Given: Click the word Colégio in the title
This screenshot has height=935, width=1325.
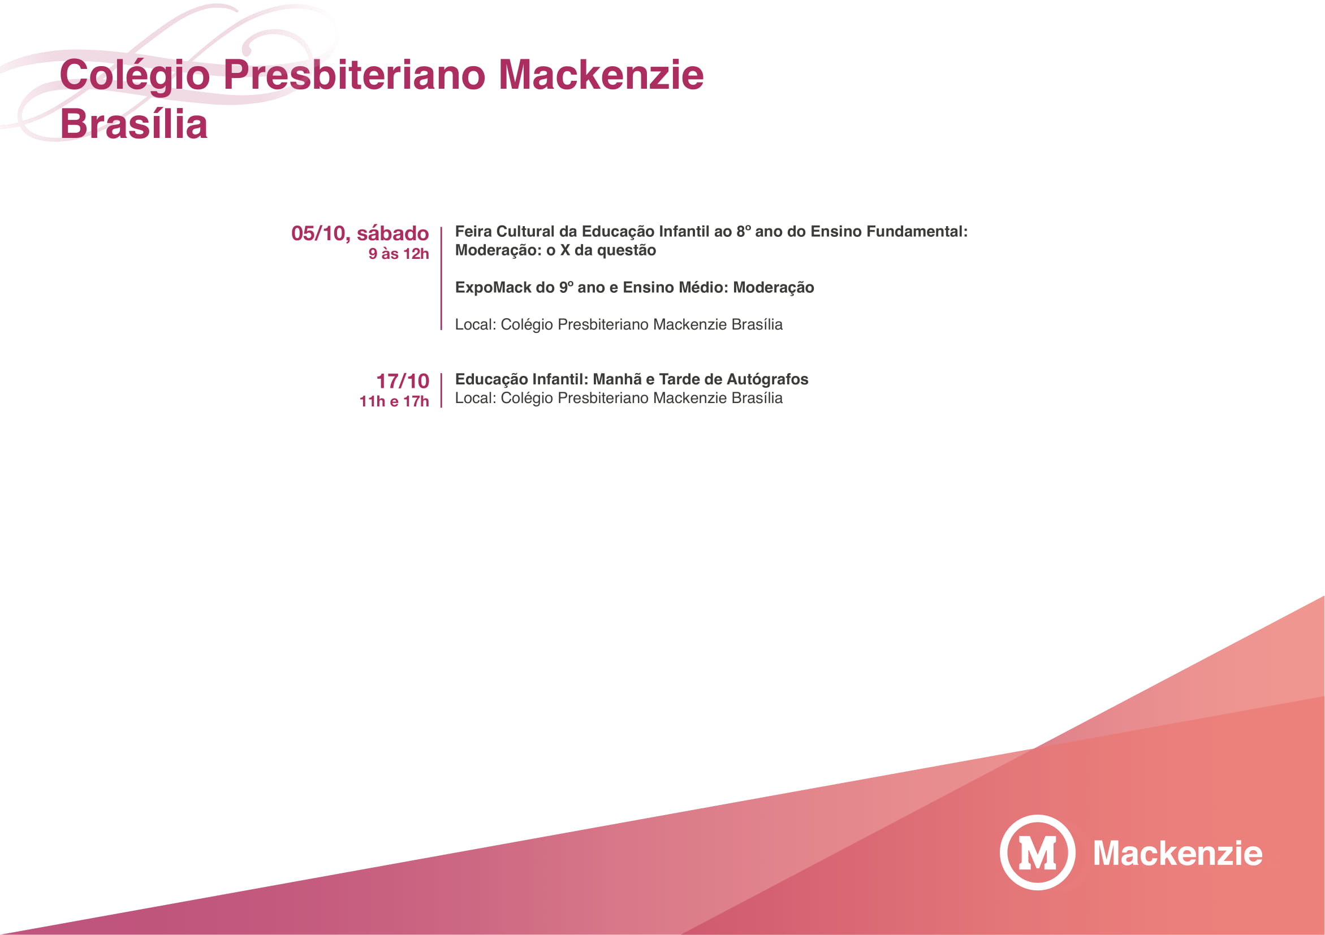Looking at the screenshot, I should pos(135,76).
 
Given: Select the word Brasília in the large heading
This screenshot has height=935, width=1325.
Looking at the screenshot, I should pos(133,124).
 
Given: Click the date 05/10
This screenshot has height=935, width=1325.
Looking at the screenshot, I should pos(318,233).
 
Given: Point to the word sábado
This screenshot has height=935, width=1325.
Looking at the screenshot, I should pos(392,233).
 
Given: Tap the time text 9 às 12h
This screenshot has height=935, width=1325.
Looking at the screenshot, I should pos(398,254).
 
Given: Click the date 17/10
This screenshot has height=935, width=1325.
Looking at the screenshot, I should pos(402,381).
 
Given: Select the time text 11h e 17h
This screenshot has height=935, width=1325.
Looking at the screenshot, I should pos(394,401).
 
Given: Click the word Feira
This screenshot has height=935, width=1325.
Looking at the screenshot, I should pos(473,232).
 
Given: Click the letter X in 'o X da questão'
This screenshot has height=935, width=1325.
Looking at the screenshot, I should pos(564,250).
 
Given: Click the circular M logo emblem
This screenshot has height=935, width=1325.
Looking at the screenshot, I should pos(1037,852).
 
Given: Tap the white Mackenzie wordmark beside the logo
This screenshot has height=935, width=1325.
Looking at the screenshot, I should pos(1177,853).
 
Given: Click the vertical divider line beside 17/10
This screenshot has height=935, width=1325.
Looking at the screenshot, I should pos(442,391).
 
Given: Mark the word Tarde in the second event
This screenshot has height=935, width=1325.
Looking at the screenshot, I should pos(679,379).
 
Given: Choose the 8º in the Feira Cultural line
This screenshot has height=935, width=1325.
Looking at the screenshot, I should pos(743,232).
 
